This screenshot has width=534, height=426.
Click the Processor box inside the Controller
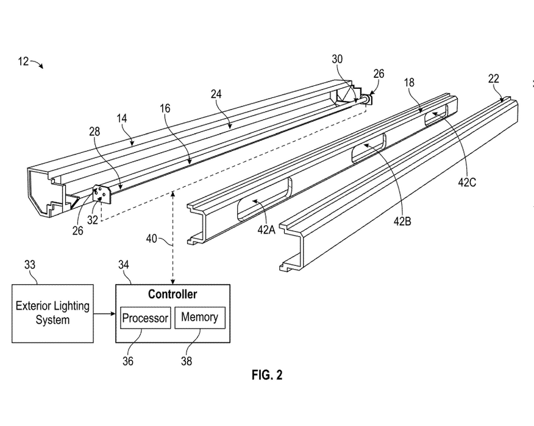click(x=146, y=318)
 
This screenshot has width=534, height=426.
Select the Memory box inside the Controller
click(x=200, y=318)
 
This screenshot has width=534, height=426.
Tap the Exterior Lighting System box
click(x=53, y=313)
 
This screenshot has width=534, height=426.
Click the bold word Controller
click(x=173, y=294)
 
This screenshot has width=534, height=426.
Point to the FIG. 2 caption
click(x=267, y=375)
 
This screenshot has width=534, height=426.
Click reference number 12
click(x=23, y=61)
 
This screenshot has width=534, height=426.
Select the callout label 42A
click(x=266, y=230)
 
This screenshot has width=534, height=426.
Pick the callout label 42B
click(x=402, y=222)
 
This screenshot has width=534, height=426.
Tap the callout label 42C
click(x=467, y=183)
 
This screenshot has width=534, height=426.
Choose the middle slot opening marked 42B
click(x=368, y=148)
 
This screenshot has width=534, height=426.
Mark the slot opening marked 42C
click(x=436, y=115)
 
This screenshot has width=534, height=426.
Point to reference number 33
click(x=30, y=265)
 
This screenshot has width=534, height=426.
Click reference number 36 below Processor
click(x=128, y=361)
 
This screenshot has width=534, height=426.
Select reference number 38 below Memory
click(x=187, y=361)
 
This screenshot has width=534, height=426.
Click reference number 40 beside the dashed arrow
click(x=152, y=239)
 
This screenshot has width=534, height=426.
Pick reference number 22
click(x=494, y=79)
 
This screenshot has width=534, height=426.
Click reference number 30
click(x=337, y=59)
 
